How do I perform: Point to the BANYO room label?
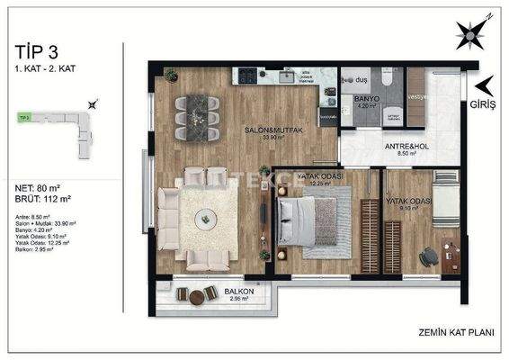point(366,98)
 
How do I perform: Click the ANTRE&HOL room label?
point(386,148)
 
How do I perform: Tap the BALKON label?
point(237,292)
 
